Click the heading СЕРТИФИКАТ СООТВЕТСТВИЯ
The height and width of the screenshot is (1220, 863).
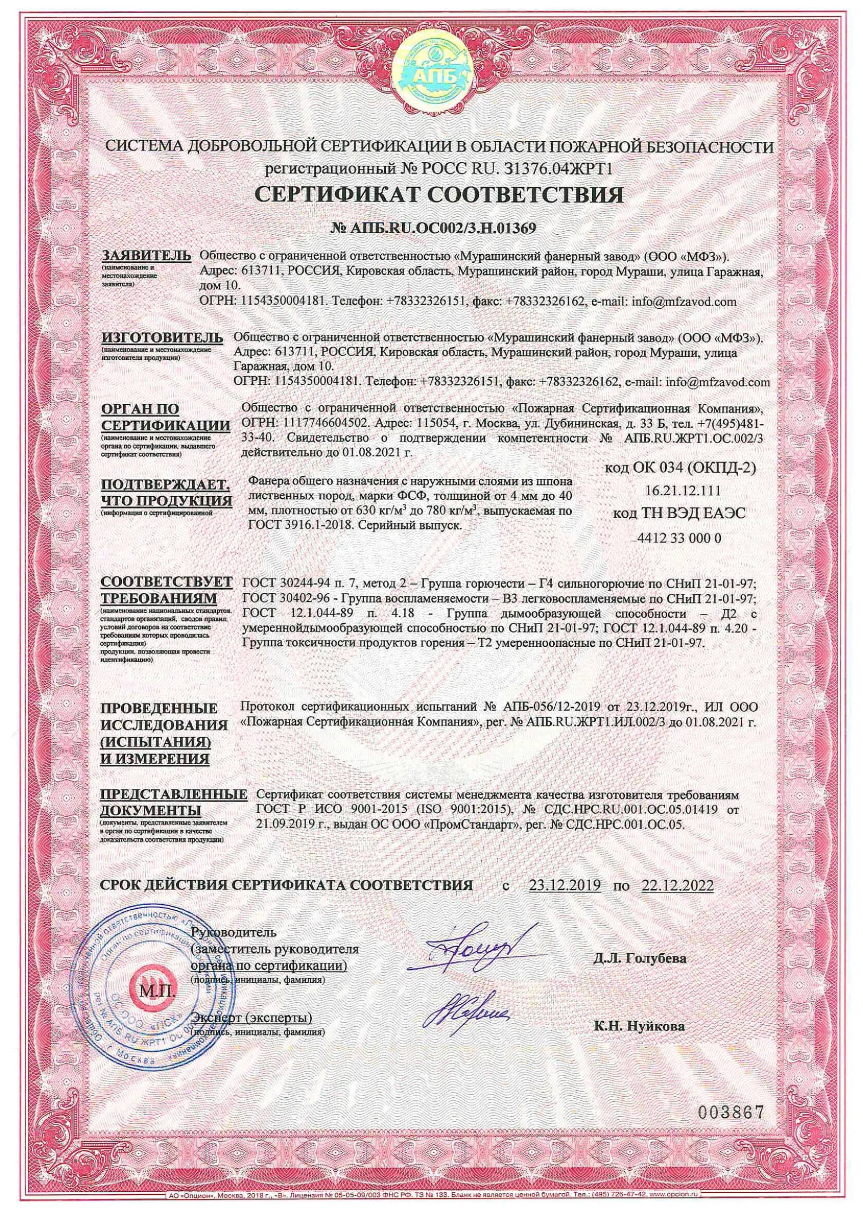tap(431, 196)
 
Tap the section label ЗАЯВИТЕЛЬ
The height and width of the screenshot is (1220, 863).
tap(145, 255)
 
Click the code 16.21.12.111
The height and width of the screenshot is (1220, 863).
tap(683, 490)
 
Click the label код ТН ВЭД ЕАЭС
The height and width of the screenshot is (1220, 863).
tap(680, 513)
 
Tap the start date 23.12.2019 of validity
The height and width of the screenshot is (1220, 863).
tap(565, 885)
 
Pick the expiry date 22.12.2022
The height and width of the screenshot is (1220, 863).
tap(677, 885)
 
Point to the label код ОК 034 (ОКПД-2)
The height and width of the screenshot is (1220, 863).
tap(681, 468)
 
